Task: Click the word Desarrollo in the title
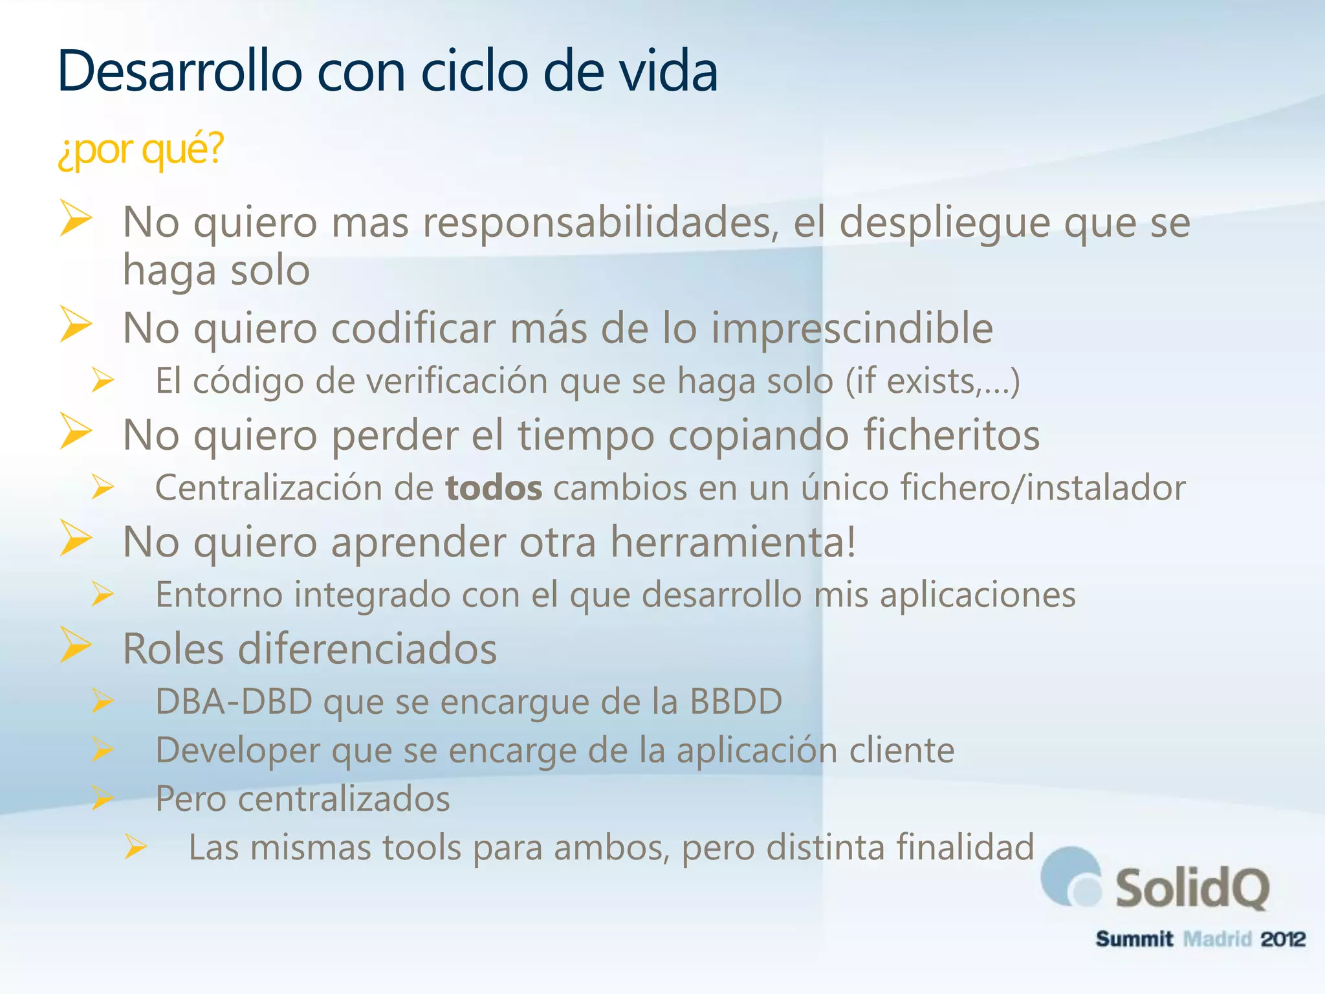tap(179, 71)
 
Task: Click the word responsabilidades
tap(600, 223)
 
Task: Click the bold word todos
tap(494, 488)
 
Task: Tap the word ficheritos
tap(952, 435)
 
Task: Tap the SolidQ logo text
tap(1191, 889)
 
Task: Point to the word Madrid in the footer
tap(1217, 939)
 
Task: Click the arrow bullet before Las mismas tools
tap(136, 846)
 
